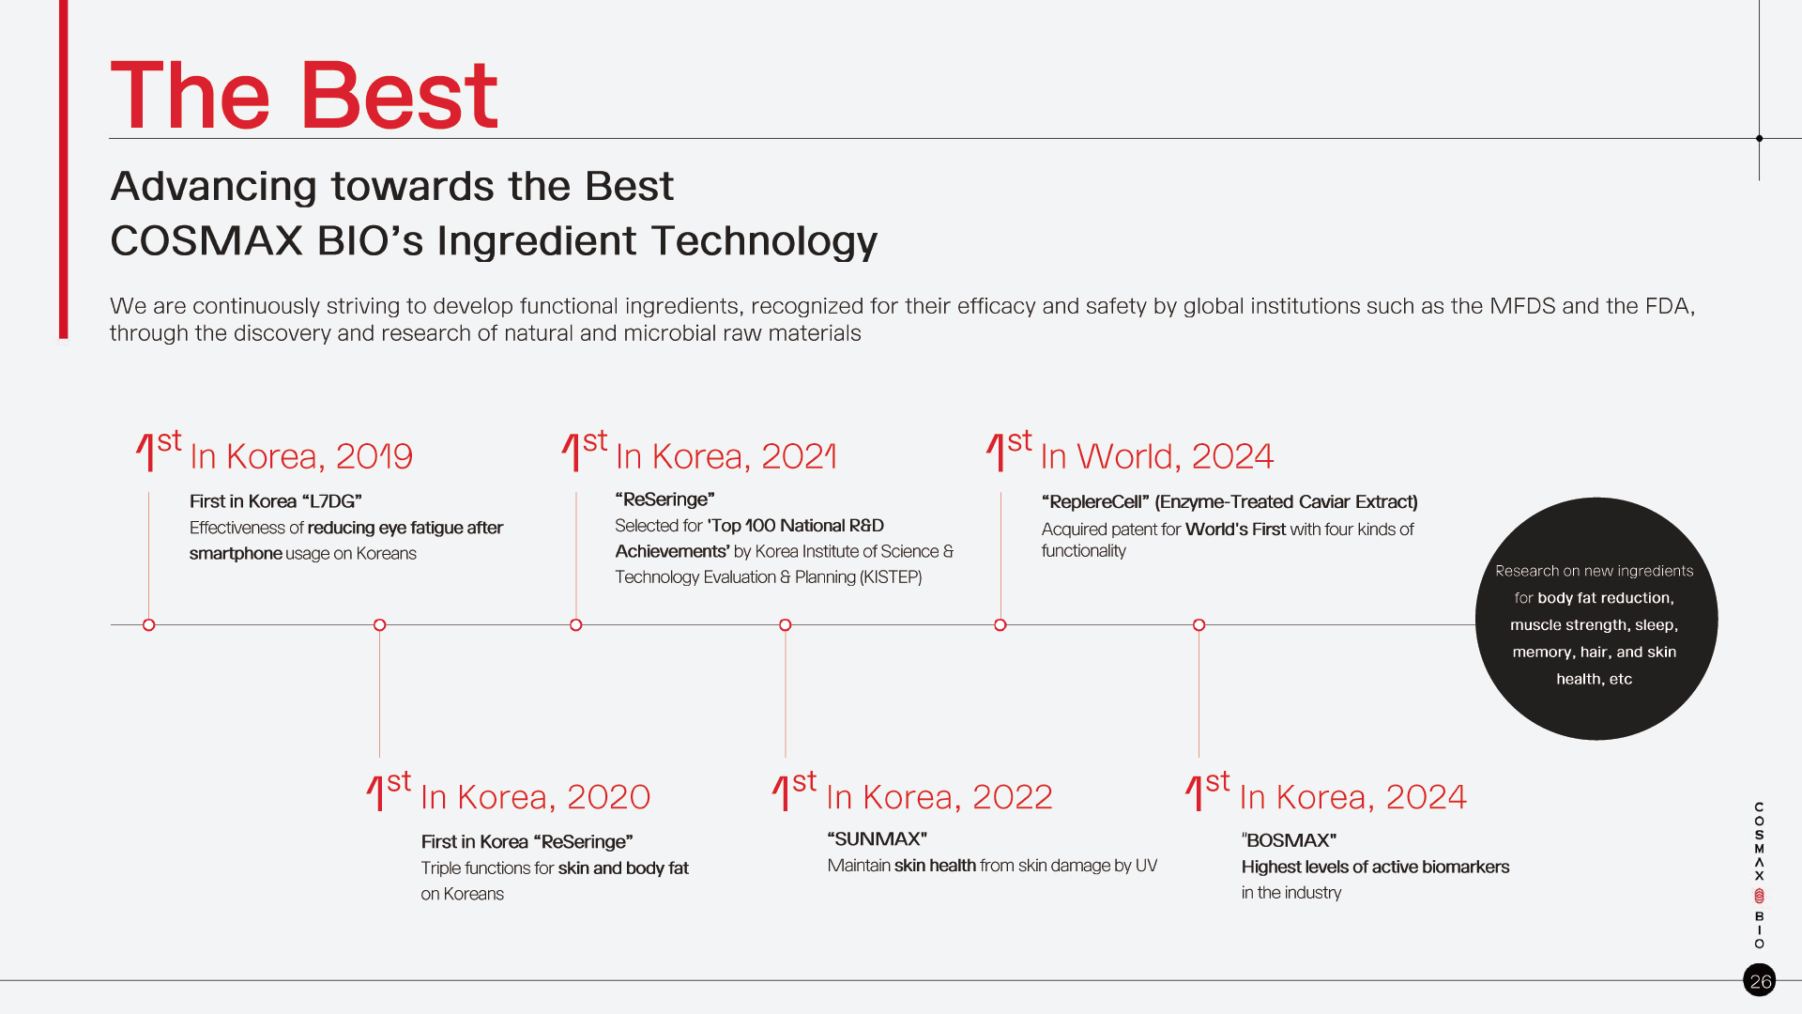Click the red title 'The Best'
[x=304, y=95]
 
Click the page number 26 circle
[x=1760, y=980]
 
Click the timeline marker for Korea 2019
[x=148, y=625]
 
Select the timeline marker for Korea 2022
[x=786, y=625]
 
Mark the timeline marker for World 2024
[x=1000, y=625]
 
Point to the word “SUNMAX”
[x=878, y=839]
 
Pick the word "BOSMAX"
[x=1290, y=840]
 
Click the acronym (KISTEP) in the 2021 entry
[x=891, y=577]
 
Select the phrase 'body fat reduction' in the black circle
[x=1606, y=598]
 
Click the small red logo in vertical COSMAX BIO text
[x=1760, y=896]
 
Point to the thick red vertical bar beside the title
[x=64, y=169]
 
